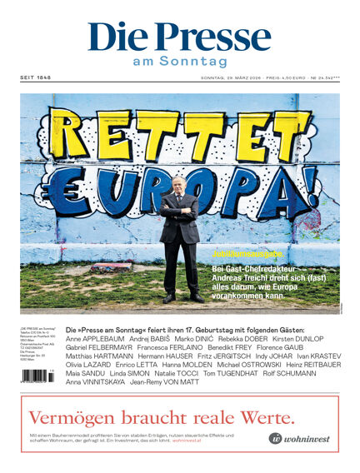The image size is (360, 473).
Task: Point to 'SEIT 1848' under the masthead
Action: tap(36, 78)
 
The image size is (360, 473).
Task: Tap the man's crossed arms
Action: tap(181, 208)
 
